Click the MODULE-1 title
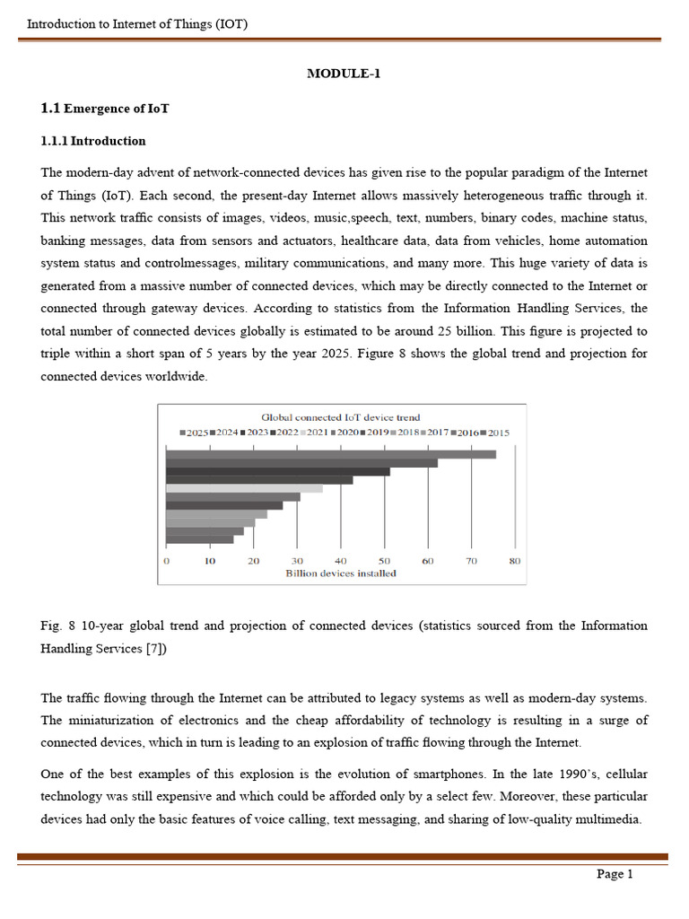tap(344, 74)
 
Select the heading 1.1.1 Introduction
tap(93, 141)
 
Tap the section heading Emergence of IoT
tap(116, 109)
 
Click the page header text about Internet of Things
tap(137, 24)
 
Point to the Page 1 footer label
tap(615, 874)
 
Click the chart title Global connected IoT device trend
tap(340, 417)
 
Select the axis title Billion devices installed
tap(340, 573)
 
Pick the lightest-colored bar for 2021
tap(244, 488)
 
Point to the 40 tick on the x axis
tap(341, 561)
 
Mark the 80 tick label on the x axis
tap(514, 561)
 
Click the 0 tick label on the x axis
tap(167, 561)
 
